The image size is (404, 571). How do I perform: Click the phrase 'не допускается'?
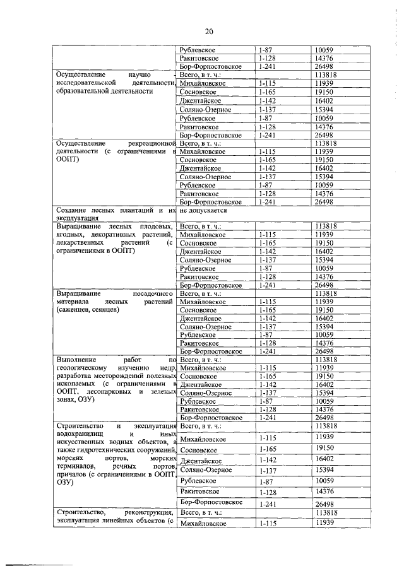[201, 209]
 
